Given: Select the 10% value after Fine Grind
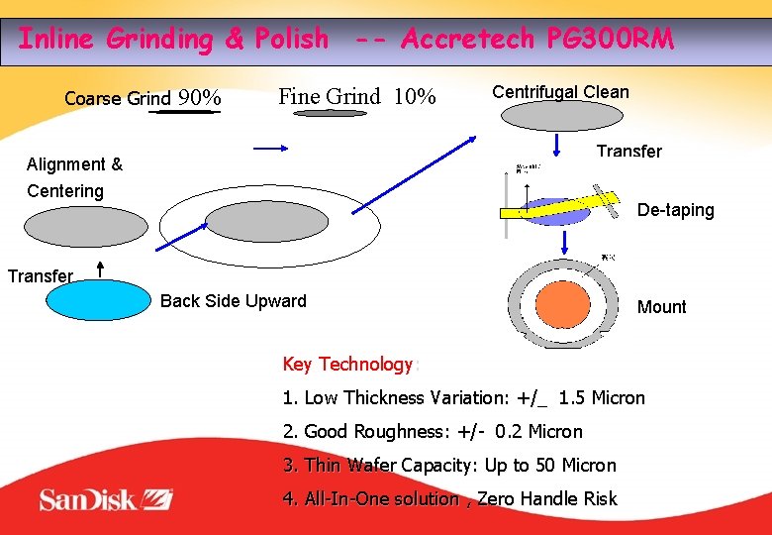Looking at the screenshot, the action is [415, 97].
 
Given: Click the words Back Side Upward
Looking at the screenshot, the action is [234, 301].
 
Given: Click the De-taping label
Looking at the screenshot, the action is [675, 210].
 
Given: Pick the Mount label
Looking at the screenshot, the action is [661, 307].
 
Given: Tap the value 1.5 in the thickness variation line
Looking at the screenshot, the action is [572, 398].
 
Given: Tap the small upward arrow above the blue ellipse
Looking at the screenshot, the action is [100, 269].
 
